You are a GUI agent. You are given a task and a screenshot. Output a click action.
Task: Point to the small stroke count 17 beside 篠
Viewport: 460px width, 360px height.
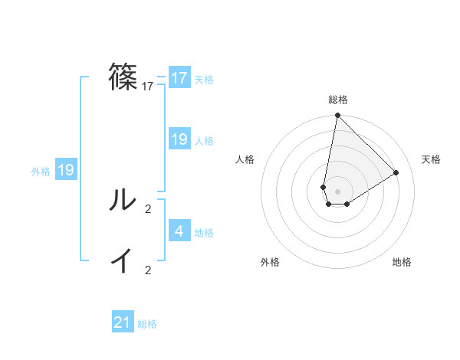pos(148,87)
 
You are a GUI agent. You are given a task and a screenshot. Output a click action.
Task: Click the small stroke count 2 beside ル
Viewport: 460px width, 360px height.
pos(148,208)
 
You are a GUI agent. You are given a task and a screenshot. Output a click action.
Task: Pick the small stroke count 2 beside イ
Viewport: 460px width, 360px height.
pos(148,270)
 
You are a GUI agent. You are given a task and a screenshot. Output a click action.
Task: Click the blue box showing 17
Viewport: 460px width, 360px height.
pos(179,78)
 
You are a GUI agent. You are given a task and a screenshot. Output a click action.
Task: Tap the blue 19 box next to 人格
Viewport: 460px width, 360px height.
pos(179,139)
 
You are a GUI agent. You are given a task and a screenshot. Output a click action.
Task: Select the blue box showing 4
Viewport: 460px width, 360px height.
pos(179,231)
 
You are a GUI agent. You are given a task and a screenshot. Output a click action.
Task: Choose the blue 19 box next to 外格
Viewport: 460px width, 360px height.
pos(66,170)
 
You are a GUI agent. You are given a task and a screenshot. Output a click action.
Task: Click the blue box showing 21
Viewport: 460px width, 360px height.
pos(123,322)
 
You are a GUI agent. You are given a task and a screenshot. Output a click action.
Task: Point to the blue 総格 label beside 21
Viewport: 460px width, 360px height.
pos(147,324)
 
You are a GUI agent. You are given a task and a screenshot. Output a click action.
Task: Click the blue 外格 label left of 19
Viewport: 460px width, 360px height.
pos(41,172)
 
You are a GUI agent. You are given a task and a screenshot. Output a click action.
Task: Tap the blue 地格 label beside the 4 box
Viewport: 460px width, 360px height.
pos(204,232)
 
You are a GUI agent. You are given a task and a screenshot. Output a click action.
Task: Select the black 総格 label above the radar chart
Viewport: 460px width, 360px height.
pos(338,100)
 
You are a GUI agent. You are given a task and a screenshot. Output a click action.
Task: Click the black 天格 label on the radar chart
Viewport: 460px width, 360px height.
pos(431,159)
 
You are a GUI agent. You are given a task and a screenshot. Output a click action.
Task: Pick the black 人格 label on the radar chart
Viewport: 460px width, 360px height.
pos(245,159)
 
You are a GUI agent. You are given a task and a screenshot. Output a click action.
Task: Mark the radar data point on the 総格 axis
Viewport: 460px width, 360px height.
pos(337,116)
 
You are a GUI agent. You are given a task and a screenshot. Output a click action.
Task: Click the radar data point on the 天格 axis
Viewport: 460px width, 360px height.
pos(396,172)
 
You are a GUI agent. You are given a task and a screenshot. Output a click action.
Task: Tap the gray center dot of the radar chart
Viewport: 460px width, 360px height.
pos(337,191)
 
